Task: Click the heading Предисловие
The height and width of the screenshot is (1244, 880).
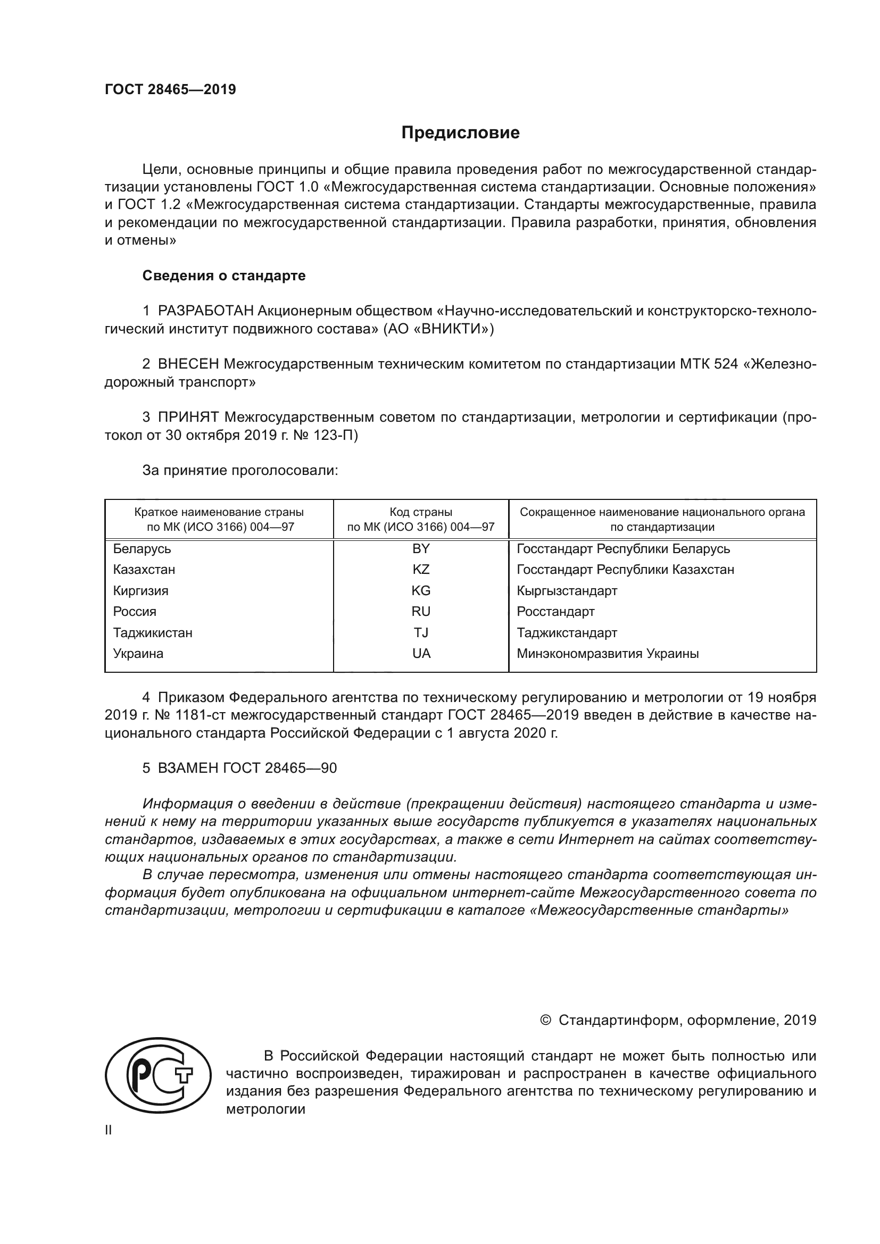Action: (x=460, y=133)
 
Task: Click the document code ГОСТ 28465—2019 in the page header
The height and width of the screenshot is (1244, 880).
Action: (x=170, y=89)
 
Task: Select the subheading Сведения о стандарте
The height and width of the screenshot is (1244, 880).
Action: (x=224, y=276)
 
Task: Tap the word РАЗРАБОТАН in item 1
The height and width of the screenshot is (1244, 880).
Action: (x=205, y=311)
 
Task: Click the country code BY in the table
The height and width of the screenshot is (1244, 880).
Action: (x=420, y=549)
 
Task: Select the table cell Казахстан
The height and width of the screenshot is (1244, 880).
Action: (x=144, y=570)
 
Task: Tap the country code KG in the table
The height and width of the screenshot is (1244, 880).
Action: (x=420, y=590)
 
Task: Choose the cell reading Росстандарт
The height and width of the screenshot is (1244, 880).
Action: (x=555, y=612)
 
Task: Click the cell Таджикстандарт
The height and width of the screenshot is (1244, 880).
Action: (x=567, y=633)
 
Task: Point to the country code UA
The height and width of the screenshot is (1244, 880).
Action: (x=420, y=654)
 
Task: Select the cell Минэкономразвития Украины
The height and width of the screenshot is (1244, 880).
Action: (x=608, y=654)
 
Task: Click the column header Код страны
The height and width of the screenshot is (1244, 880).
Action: (x=420, y=512)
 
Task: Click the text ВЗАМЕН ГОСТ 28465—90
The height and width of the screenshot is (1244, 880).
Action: (x=247, y=768)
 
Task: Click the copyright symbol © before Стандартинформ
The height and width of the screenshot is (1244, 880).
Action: (x=545, y=1020)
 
